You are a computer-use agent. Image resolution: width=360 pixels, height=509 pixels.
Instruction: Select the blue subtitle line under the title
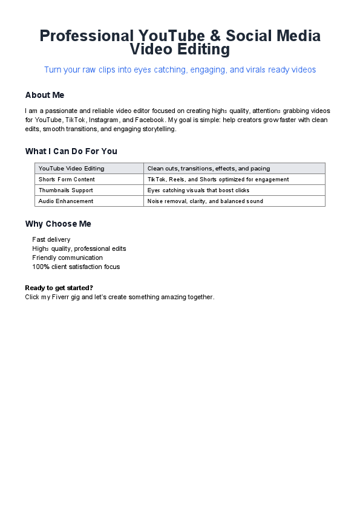tap(180, 70)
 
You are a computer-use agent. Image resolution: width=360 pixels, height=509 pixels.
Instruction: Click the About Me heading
tap(45, 95)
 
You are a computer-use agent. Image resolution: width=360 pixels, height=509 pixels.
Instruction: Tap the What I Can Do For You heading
tap(71, 151)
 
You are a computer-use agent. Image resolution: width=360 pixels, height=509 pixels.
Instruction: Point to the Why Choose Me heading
tap(58, 224)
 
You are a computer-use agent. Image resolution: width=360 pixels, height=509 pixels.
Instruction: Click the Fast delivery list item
tap(51, 240)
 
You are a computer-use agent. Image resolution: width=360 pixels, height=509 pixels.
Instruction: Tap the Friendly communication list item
tap(68, 258)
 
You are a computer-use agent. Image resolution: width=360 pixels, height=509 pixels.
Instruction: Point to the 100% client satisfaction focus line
tap(76, 267)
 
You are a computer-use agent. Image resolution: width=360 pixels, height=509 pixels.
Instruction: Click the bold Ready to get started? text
tap(59, 288)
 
